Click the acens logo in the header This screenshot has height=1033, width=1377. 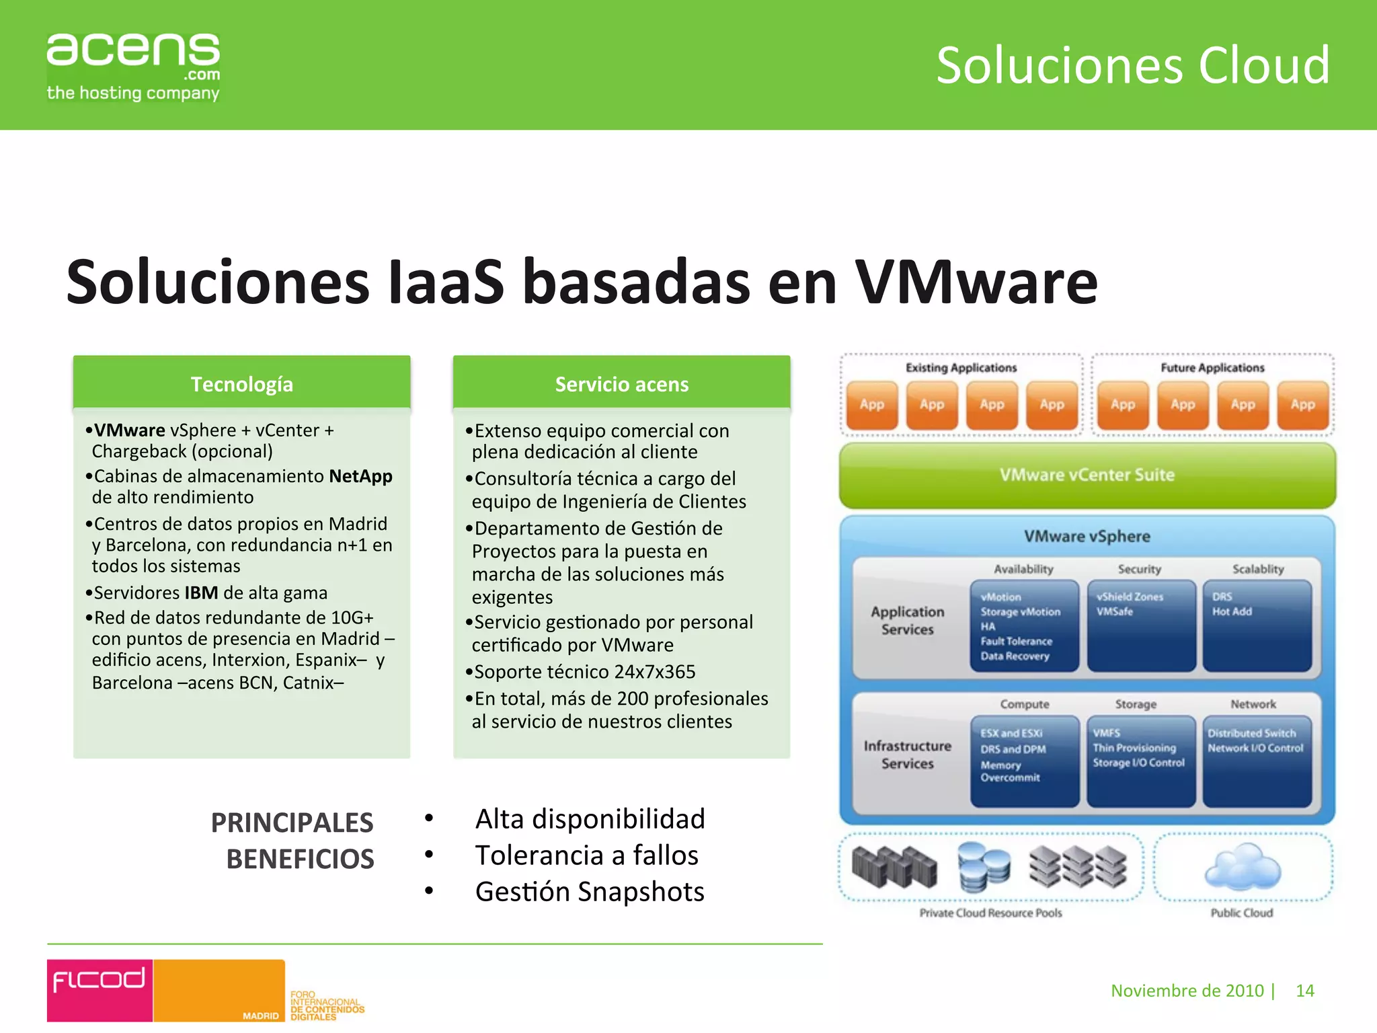tap(133, 66)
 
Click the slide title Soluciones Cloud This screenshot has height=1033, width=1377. tap(1133, 65)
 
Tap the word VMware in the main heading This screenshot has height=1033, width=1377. tap(976, 282)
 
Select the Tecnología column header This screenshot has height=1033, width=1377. tap(241, 384)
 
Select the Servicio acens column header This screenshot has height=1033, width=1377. tap(621, 384)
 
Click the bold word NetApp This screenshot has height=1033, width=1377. tap(360, 476)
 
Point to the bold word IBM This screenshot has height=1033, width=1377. tap(201, 592)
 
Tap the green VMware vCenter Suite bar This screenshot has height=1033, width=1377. tap(1087, 475)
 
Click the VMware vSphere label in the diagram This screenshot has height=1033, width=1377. tap(1087, 536)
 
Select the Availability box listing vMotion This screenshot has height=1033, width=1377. tap(1023, 626)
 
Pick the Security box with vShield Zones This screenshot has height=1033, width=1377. tap(1140, 626)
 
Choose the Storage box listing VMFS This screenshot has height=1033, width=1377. tap(1140, 761)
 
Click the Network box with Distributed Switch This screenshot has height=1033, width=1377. tap(1256, 761)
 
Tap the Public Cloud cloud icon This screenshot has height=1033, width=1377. tap(1243, 867)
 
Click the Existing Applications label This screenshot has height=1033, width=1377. tap(961, 368)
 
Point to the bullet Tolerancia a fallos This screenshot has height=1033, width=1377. tap(586, 855)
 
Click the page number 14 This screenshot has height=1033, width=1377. tap(1304, 991)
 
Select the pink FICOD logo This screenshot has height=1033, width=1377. tap(100, 989)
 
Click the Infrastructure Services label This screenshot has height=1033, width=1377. tap(907, 755)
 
